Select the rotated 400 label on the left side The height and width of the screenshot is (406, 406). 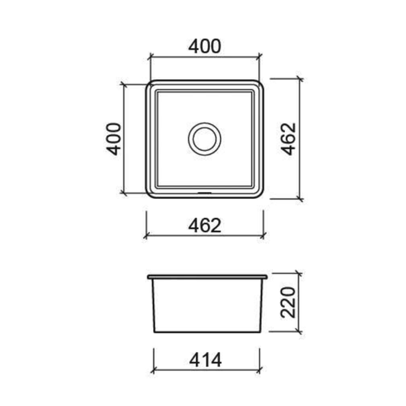114,138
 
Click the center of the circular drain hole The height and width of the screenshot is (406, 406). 204,138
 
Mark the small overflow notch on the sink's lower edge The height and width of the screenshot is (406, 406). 204,193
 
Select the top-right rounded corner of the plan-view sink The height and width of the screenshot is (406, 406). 261,82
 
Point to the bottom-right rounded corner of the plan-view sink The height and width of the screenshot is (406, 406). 261,196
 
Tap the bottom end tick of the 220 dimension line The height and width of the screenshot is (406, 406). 300,334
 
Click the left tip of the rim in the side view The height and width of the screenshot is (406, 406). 146,273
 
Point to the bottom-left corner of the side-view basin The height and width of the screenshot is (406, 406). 155,331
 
